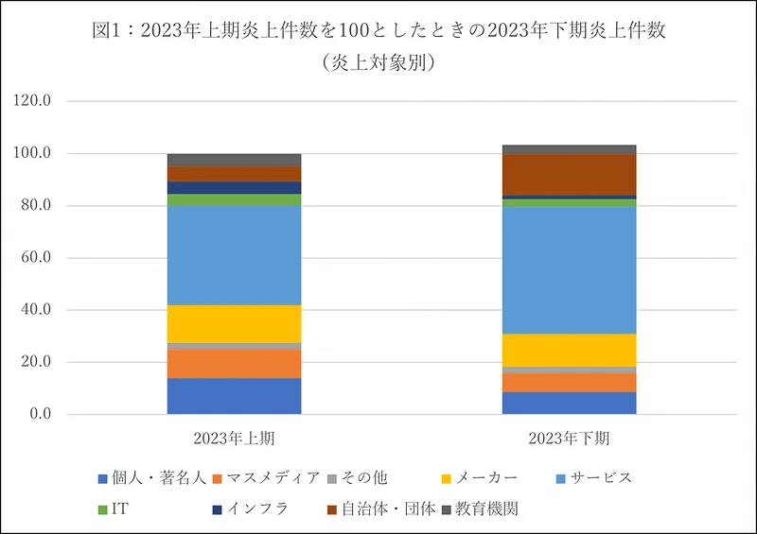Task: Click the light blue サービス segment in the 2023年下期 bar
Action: coord(569,270)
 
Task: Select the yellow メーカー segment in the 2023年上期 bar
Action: coord(234,323)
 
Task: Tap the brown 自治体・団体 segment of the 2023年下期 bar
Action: coord(569,175)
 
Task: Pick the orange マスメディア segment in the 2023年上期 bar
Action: coord(234,364)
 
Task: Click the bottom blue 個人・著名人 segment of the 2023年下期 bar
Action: coord(569,404)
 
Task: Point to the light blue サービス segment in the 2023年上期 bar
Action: coord(234,255)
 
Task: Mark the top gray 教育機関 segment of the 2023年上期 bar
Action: coord(234,160)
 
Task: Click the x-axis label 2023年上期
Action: coord(234,438)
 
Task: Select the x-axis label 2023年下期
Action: coord(569,438)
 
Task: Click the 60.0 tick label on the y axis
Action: coord(48,258)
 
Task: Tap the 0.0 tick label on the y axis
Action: coord(52,415)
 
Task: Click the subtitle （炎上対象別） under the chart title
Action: coord(378,62)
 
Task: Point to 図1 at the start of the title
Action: coord(109,30)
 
